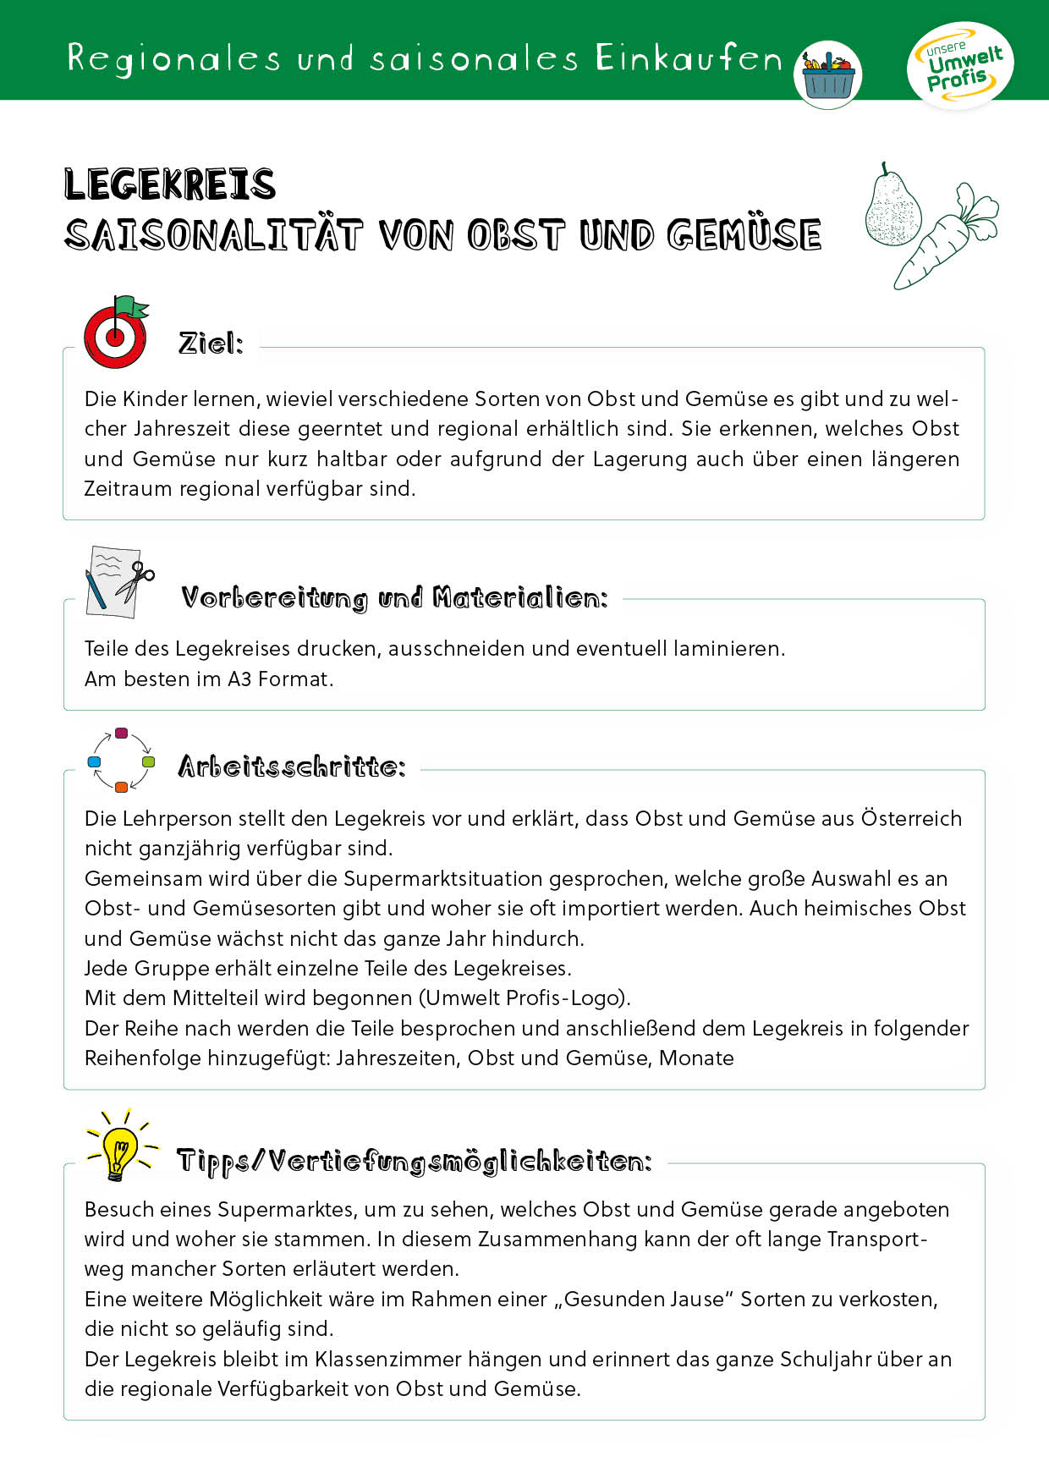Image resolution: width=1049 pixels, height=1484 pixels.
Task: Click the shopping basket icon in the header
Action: pos(827,75)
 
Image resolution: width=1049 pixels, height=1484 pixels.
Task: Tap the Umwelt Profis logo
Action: pos(960,65)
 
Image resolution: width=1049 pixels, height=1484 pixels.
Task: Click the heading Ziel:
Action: pos(211,344)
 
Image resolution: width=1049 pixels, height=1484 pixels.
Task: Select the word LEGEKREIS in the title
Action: pos(170,184)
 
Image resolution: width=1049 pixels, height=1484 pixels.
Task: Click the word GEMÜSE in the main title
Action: pos(744,235)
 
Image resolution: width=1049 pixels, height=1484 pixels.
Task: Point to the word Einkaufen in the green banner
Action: pos(689,58)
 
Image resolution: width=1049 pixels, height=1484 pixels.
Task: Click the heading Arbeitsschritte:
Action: pos(292,767)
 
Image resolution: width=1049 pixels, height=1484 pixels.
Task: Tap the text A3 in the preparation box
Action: pos(239,679)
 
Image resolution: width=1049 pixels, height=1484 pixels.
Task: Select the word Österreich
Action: pos(911,818)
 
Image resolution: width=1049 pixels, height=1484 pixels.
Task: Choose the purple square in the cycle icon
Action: pos(121,733)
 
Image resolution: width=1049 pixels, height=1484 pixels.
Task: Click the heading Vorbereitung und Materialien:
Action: pos(394,598)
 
